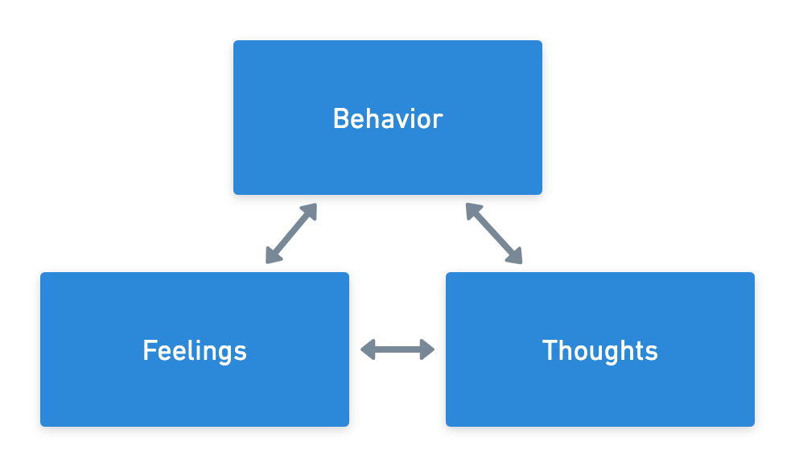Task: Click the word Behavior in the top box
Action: [x=388, y=119]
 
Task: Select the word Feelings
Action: [x=195, y=351]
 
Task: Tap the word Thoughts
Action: [x=600, y=351]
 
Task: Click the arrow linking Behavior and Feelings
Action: [x=291, y=233]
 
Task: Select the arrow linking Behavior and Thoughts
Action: [x=494, y=233]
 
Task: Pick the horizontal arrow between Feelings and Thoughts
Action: [x=397, y=349]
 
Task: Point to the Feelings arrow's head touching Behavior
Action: [x=310, y=210]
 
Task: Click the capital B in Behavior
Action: [x=341, y=119]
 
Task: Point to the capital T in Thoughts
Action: [x=550, y=351]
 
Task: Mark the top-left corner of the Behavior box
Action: [x=235, y=42]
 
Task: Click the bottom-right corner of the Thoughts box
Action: [x=753, y=425]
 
